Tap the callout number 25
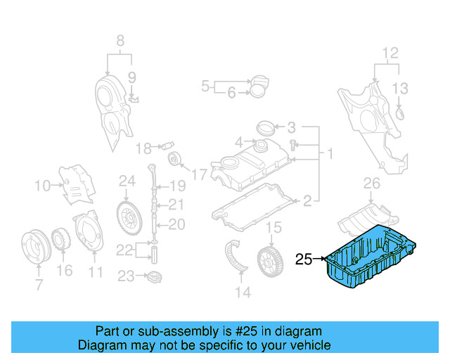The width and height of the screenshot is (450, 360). [x=303, y=259]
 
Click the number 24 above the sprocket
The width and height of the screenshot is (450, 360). [x=127, y=181]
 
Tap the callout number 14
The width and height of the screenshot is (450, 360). [x=243, y=292]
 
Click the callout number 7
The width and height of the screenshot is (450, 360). [x=39, y=285]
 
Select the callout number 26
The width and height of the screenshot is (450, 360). [x=371, y=184]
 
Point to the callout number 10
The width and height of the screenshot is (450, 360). [x=41, y=186]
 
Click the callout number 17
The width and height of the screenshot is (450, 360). [x=200, y=173]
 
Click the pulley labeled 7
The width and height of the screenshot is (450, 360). [x=34, y=246]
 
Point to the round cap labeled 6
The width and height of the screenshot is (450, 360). [x=260, y=88]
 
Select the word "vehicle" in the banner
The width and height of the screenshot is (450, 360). [x=307, y=345]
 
